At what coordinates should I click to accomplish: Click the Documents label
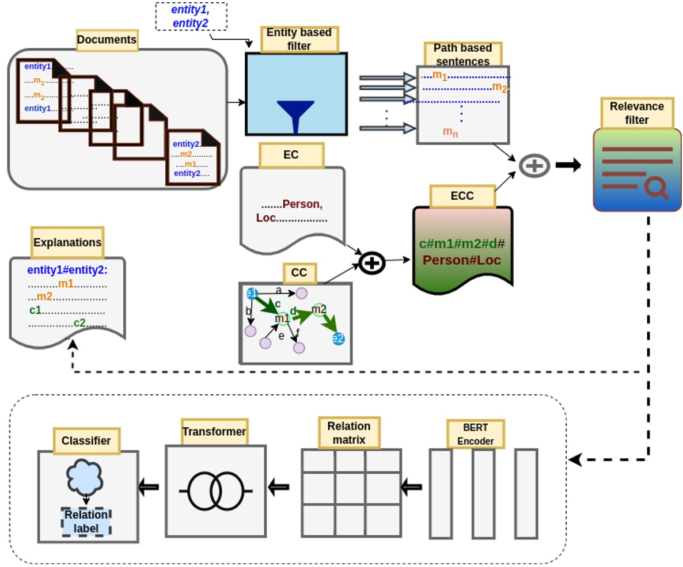(x=107, y=40)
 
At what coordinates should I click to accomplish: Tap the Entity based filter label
(x=299, y=39)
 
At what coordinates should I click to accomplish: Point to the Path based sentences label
(x=462, y=54)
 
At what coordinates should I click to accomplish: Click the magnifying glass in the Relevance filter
(x=657, y=188)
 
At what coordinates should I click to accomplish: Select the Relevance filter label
(x=637, y=113)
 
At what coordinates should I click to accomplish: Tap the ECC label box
(x=462, y=196)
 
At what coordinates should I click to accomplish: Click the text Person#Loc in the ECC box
(x=462, y=260)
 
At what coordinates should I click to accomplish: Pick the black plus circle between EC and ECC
(x=372, y=263)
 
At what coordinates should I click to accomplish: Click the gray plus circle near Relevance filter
(x=534, y=166)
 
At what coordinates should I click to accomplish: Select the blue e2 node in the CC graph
(x=338, y=339)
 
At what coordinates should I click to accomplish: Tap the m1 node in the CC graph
(x=282, y=318)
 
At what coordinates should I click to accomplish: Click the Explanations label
(x=67, y=242)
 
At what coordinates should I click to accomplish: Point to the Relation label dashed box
(x=86, y=522)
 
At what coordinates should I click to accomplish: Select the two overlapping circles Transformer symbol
(x=216, y=491)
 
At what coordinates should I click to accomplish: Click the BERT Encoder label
(x=476, y=435)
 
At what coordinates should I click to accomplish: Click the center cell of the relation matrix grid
(x=351, y=489)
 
